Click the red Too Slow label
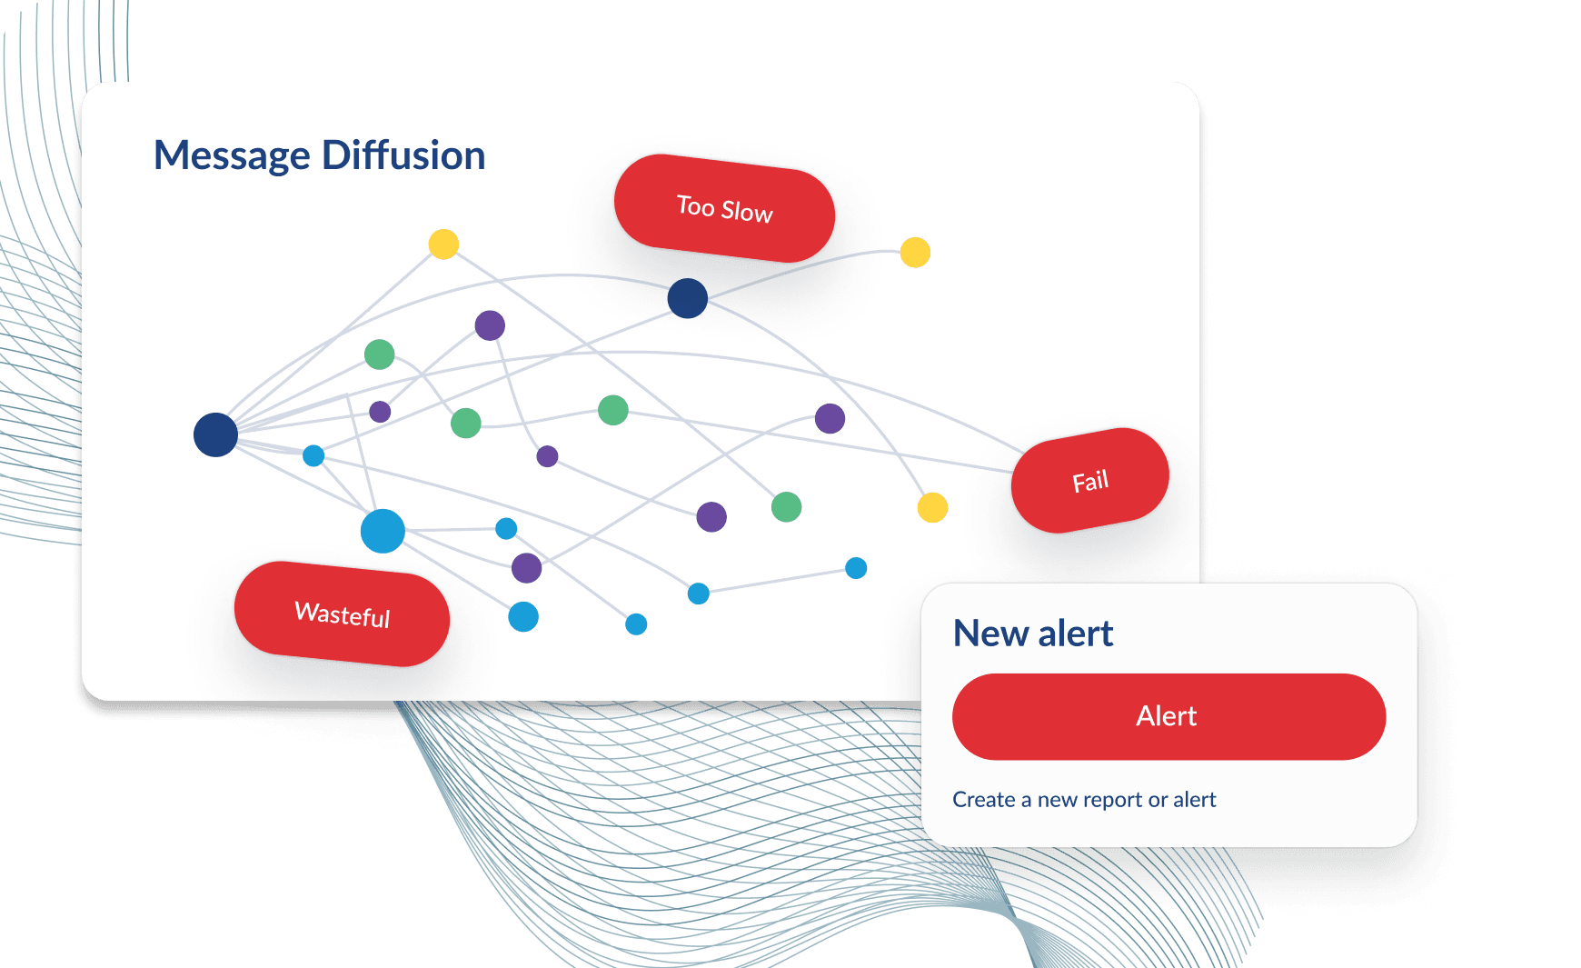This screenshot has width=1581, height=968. coord(724,208)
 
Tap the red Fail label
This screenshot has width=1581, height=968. coord(1090,480)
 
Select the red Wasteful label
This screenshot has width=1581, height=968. coord(342,614)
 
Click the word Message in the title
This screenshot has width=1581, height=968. coord(233,156)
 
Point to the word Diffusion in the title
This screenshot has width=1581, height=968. coord(403,155)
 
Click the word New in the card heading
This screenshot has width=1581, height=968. coord(990,634)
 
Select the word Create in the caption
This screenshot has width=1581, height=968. coord(984,800)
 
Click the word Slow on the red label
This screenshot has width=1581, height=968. coord(747,211)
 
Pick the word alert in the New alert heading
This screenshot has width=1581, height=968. coord(1076,634)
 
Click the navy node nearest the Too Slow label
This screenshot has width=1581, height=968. coord(688,298)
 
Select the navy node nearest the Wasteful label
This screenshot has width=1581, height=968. coord(215,434)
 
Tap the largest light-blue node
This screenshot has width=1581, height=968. coord(383,531)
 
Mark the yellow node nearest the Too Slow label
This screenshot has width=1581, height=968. coord(915,252)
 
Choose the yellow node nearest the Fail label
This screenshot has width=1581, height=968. coord(932,507)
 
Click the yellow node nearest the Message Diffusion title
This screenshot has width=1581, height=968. coord(443,244)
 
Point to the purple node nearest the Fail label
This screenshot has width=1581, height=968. coord(830,418)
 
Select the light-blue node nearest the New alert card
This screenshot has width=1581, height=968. coord(856,568)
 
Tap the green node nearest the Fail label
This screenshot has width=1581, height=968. coord(786,506)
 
